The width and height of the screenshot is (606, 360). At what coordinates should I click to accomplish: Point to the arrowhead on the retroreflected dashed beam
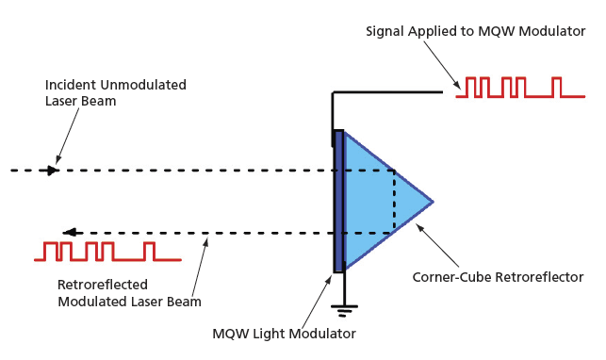pyautogui.click(x=69, y=233)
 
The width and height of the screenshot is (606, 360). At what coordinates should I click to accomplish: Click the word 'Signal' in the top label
pyautogui.click(x=385, y=31)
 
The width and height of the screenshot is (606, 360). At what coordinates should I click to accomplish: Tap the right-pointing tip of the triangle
pyautogui.click(x=432, y=202)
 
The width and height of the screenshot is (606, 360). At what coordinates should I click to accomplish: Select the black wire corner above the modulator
pyautogui.click(x=334, y=92)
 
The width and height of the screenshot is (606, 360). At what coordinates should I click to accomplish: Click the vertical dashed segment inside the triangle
pyautogui.click(x=393, y=202)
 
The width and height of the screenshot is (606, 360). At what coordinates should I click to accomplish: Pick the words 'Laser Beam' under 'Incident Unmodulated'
pyautogui.click(x=81, y=101)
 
